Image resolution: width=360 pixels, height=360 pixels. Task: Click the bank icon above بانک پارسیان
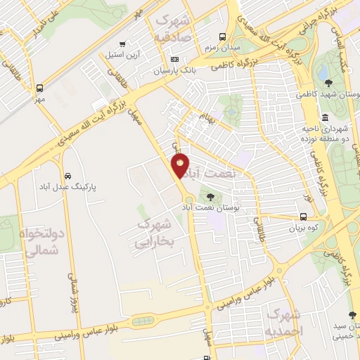click(175, 59)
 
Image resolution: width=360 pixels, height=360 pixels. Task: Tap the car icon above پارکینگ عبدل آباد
click(67, 175)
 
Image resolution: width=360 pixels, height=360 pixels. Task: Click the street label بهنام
click(207, 113)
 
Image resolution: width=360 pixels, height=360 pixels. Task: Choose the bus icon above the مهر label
click(40, 89)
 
